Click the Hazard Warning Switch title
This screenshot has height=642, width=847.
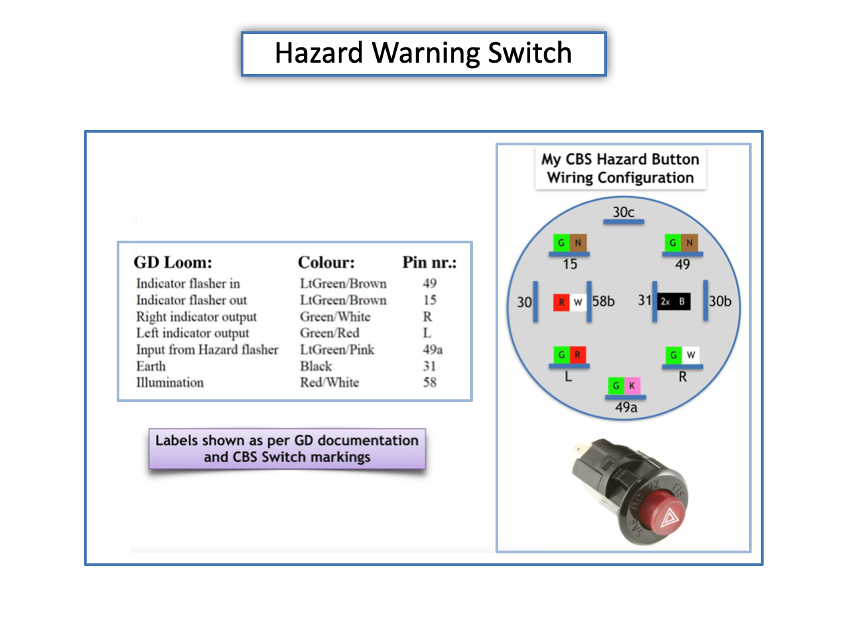(423, 53)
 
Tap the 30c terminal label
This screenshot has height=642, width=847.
(623, 212)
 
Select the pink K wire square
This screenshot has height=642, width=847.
(632, 385)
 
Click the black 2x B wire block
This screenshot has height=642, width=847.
(674, 301)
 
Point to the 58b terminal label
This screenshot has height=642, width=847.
(603, 301)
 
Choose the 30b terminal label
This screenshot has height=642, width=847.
(720, 301)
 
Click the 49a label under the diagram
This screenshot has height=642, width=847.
(626, 407)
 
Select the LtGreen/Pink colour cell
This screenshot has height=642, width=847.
(337, 349)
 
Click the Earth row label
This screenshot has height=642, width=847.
(151, 366)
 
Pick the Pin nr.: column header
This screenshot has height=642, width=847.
(430, 262)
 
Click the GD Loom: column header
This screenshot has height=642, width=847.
(173, 262)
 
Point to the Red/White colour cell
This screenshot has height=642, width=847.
(329, 382)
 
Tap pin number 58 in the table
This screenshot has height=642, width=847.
(430, 382)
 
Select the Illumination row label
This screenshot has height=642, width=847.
(170, 382)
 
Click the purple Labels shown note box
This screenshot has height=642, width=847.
(287, 449)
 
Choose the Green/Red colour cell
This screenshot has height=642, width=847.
(329, 333)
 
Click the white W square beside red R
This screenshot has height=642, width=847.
(578, 302)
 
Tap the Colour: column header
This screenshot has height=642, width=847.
(326, 262)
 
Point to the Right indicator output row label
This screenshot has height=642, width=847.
(196, 317)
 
